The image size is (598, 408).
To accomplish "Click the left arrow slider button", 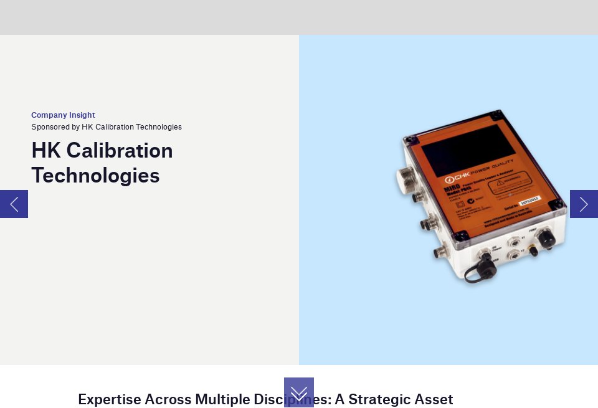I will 14,204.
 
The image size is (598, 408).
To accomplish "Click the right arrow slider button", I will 584,204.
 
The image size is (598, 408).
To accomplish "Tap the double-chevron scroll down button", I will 299,392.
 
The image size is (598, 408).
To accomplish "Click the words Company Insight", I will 63,115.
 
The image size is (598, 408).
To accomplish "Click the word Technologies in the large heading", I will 95,176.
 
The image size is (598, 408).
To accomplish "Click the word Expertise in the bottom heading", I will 109,399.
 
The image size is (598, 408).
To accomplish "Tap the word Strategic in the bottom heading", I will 379,399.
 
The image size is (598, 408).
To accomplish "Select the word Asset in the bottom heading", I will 434,399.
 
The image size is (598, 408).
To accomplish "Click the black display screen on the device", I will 468,149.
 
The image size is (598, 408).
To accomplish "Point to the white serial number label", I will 529,201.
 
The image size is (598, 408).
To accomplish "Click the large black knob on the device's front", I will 546,237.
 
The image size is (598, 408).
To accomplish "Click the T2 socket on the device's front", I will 513,255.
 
